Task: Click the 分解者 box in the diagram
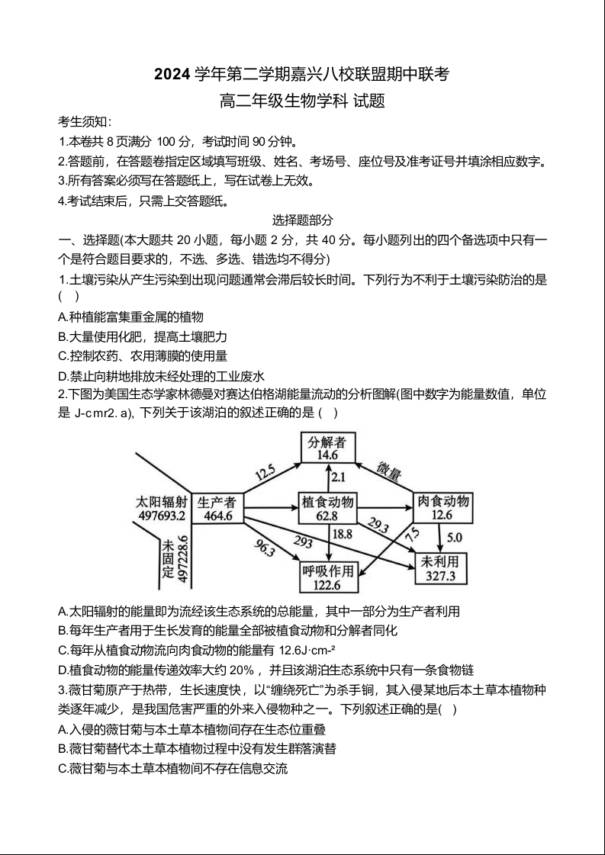click(327, 448)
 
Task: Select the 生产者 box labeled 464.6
click(216, 508)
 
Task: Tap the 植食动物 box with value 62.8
click(327, 508)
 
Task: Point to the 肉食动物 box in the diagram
click(442, 508)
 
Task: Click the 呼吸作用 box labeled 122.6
click(328, 577)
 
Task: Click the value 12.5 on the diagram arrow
click(265, 473)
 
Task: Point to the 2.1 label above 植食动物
click(338, 477)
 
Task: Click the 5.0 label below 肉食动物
click(454, 538)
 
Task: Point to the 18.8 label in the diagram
click(342, 534)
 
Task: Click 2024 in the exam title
click(172, 75)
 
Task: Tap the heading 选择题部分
click(303, 220)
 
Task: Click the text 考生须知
click(85, 122)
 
